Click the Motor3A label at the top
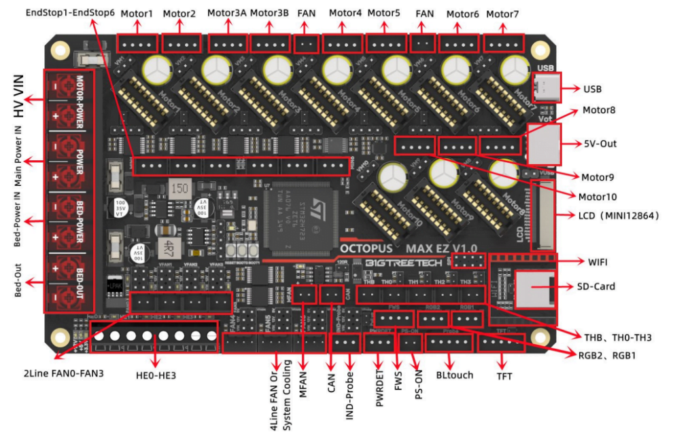226,13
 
